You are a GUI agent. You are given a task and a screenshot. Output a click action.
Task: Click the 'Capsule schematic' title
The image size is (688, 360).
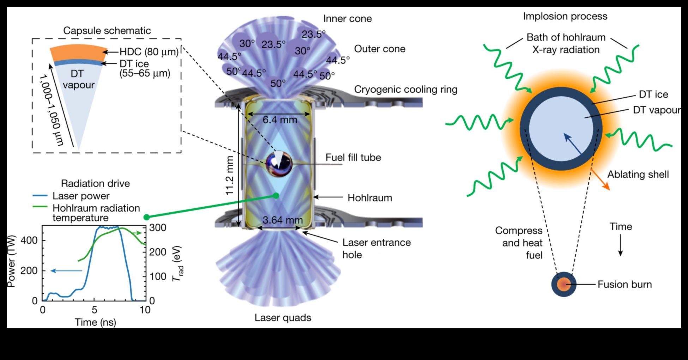tap(107, 31)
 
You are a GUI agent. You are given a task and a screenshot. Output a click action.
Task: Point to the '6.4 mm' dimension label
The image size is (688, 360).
tap(280, 120)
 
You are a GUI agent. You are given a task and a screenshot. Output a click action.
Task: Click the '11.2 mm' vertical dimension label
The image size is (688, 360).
tap(230, 176)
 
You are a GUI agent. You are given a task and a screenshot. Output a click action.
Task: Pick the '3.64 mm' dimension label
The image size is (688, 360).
tap(283, 220)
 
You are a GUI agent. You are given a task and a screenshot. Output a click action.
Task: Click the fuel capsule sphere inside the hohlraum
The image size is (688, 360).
tap(279, 164)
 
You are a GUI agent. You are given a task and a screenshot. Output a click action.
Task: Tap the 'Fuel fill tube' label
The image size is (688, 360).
tap(353, 157)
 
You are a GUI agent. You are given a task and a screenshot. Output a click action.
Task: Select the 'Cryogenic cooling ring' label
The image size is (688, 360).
tap(406, 89)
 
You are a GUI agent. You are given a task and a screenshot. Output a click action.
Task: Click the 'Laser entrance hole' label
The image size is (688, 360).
tap(376, 248)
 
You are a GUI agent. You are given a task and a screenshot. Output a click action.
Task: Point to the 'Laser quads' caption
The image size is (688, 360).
tap(283, 318)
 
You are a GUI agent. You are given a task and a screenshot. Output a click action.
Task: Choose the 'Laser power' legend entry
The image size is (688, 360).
tap(81, 196)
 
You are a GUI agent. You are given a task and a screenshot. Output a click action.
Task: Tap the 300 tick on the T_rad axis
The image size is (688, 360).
tap(158, 228)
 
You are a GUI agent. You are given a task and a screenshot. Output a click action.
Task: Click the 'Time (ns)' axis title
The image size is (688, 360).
tap(95, 322)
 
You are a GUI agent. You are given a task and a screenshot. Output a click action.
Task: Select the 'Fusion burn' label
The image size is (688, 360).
tap(624, 284)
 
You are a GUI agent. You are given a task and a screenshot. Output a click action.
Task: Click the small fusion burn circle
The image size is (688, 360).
tap(563, 284)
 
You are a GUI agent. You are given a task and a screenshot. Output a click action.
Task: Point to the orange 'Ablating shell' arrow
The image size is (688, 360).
tap(601, 180)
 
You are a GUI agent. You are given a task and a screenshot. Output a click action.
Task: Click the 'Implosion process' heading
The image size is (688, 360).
tap(565, 16)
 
